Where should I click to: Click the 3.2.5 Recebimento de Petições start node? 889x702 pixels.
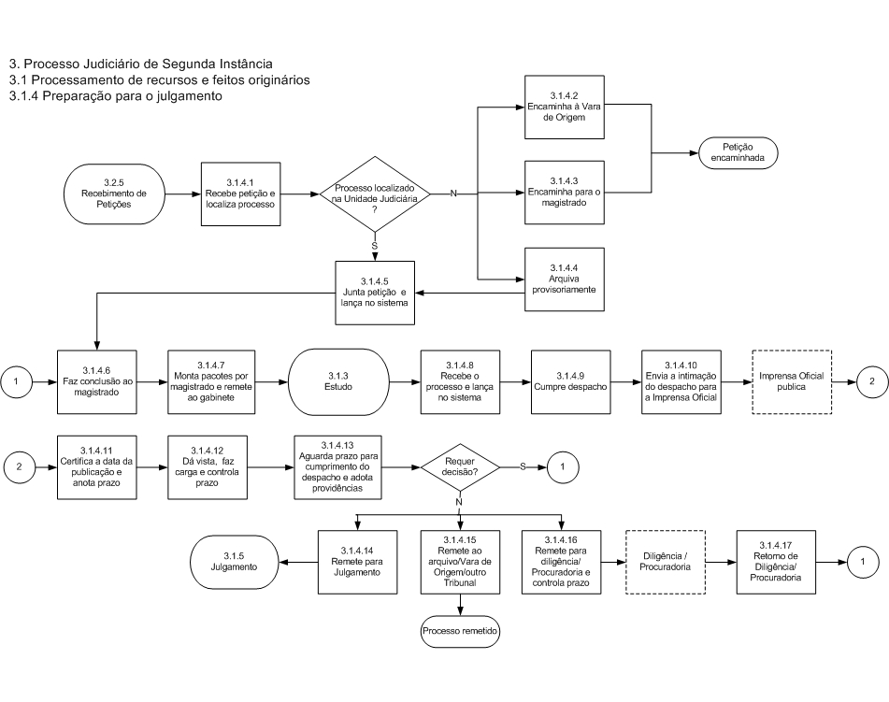point(114,193)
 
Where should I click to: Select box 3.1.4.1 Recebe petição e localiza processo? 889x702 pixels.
point(240,193)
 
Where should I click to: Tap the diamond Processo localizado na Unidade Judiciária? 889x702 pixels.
point(375,194)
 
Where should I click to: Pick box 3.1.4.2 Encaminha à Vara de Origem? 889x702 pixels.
point(564,107)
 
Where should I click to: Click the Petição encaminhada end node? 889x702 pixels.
point(738,152)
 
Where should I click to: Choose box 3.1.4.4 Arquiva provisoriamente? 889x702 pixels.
point(564,279)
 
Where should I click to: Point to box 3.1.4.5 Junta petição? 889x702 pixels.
point(375,293)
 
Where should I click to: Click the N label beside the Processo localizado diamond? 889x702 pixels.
point(453,193)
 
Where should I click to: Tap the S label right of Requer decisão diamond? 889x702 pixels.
point(523,466)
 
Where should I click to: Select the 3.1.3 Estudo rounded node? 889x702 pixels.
point(338,381)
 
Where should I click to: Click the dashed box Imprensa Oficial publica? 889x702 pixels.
point(792,381)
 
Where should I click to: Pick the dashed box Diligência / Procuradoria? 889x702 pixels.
point(665,562)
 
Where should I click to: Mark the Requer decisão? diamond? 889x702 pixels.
point(460,467)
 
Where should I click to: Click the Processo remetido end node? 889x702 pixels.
point(460,631)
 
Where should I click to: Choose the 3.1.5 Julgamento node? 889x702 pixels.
point(234,562)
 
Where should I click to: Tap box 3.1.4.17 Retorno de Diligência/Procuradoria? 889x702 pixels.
point(776,562)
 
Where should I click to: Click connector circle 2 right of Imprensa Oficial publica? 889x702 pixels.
point(872,381)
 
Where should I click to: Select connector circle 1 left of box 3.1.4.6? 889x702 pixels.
point(16,381)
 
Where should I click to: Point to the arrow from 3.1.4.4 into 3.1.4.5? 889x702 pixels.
point(470,294)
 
